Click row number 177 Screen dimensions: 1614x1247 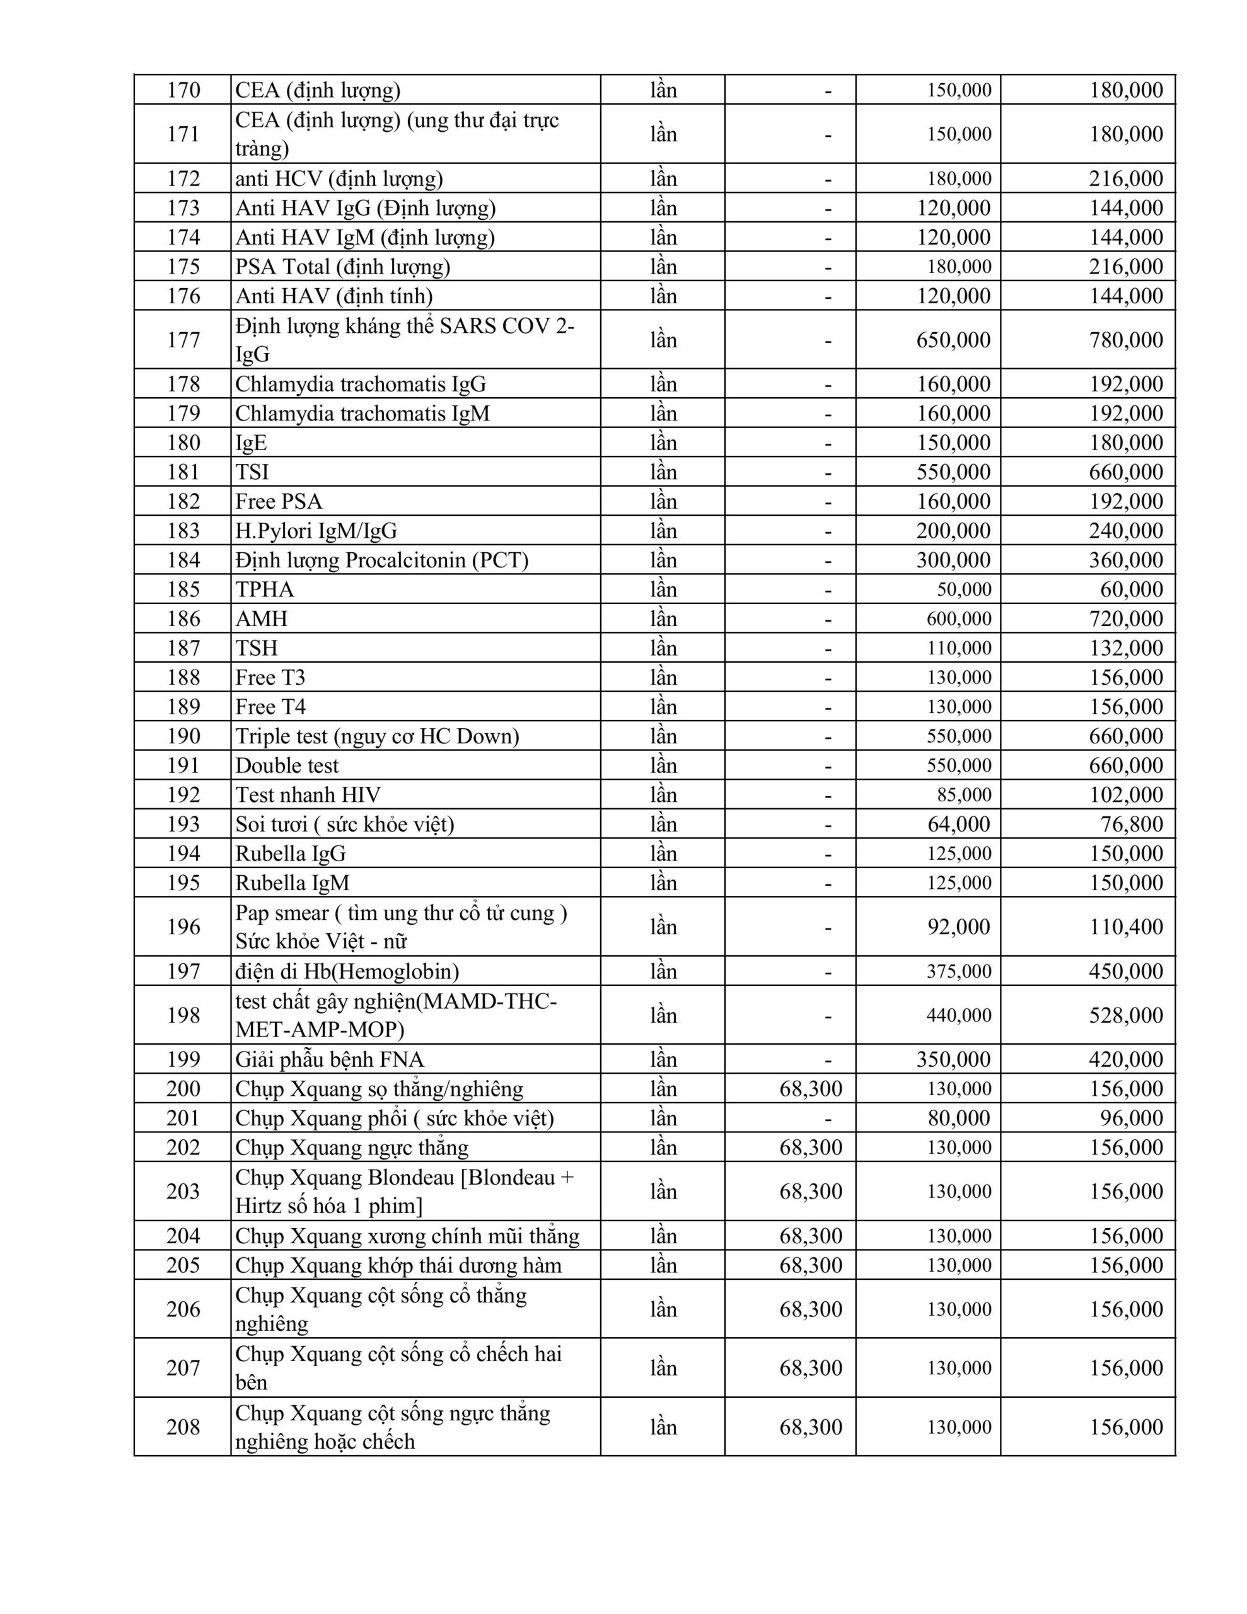(183, 340)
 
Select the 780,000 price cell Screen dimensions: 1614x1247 (1126, 340)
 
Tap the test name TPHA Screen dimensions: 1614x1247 (265, 589)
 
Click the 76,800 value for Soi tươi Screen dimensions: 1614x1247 (1131, 824)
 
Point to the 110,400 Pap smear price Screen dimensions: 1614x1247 (1126, 927)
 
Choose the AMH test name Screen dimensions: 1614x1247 (262, 618)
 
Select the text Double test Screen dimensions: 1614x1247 (287, 765)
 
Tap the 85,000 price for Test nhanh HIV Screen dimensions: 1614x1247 (959, 795)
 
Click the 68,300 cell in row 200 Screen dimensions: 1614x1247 (810, 1089)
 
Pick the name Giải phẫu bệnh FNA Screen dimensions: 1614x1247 (330, 1060)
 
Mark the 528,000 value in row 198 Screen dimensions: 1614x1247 (1126, 1016)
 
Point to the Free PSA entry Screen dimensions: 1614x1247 (279, 502)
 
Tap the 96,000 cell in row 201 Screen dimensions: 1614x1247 (1131, 1118)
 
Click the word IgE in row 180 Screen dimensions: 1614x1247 (252, 443)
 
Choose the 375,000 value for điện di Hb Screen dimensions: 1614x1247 (959, 971)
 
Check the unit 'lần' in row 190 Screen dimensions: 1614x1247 (663, 736)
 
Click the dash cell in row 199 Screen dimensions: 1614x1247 (828, 1060)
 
